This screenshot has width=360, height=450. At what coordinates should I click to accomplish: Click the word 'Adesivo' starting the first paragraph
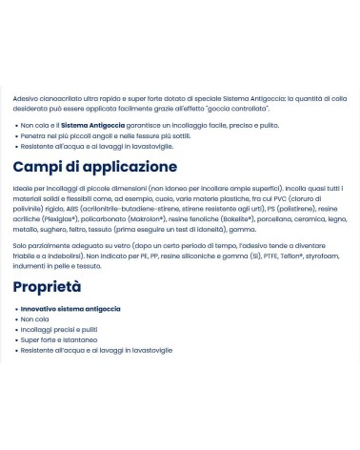tap(27, 100)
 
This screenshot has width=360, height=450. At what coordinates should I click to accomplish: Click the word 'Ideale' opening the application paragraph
tap(24, 189)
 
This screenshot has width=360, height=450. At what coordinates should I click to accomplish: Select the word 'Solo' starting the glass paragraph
tap(21, 245)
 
